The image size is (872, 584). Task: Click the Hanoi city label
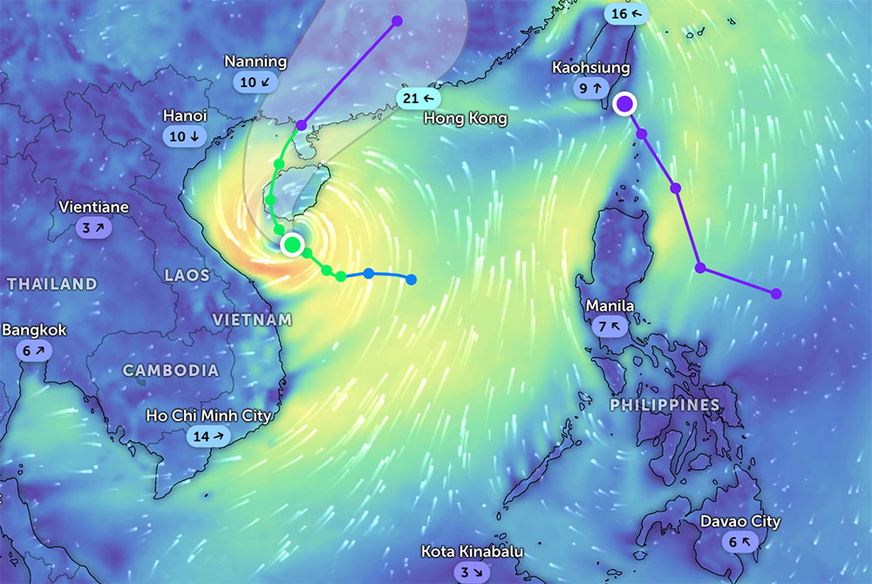pyautogui.click(x=185, y=116)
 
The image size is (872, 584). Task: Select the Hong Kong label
pyautogui.click(x=466, y=119)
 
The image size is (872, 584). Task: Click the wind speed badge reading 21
pyautogui.click(x=416, y=98)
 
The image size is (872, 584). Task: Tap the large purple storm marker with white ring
pyautogui.click(x=624, y=105)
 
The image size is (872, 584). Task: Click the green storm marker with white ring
pyautogui.click(x=292, y=243)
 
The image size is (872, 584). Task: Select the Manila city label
pyautogui.click(x=610, y=306)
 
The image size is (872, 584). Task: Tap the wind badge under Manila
pyautogui.click(x=610, y=327)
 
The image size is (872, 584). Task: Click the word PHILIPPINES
pyautogui.click(x=664, y=404)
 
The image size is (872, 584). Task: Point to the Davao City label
pyautogui.click(x=740, y=521)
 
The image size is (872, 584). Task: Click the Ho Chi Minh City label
pyautogui.click(x=209, y=415)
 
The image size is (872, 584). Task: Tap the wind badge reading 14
pyautogui.click(x=209, y=436)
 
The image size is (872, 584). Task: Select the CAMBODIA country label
pyautogui.click(x=171, y=370)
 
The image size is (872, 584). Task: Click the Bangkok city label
pyautogui.click(x=34, y=330)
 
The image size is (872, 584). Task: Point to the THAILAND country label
pyautogui.click(x=52, y=284)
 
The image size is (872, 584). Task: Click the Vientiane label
pyautogui.click(x=93, y=207)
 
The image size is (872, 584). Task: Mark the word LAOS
pyautogui.click(x=187, y=275)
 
